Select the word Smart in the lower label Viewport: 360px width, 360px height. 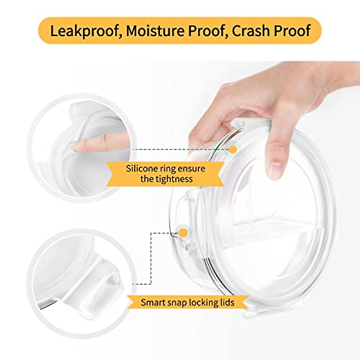pyautogui.click(x=153, y=302)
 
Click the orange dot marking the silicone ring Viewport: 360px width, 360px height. pyautogui.click(x=233, y=149)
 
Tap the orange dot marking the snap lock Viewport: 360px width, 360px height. pyautogui.click(x=183, y=232)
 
